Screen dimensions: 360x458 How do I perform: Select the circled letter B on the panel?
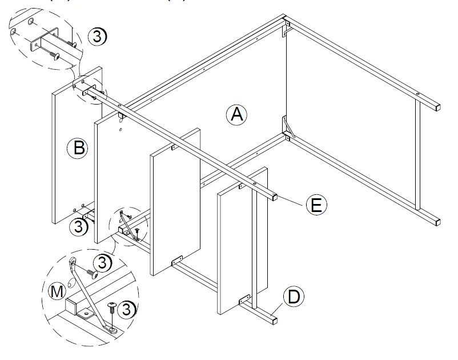[x=78, y=149]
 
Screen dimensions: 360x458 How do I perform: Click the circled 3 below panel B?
[x=79, y=227]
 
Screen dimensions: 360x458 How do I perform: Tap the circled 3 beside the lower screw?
[x=130, y=309]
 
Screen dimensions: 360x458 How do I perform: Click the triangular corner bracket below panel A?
[x=288, y=127]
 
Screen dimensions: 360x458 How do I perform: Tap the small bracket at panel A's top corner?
[x=287, y=29]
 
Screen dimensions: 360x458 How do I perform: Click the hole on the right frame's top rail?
[x=419, y=94]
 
